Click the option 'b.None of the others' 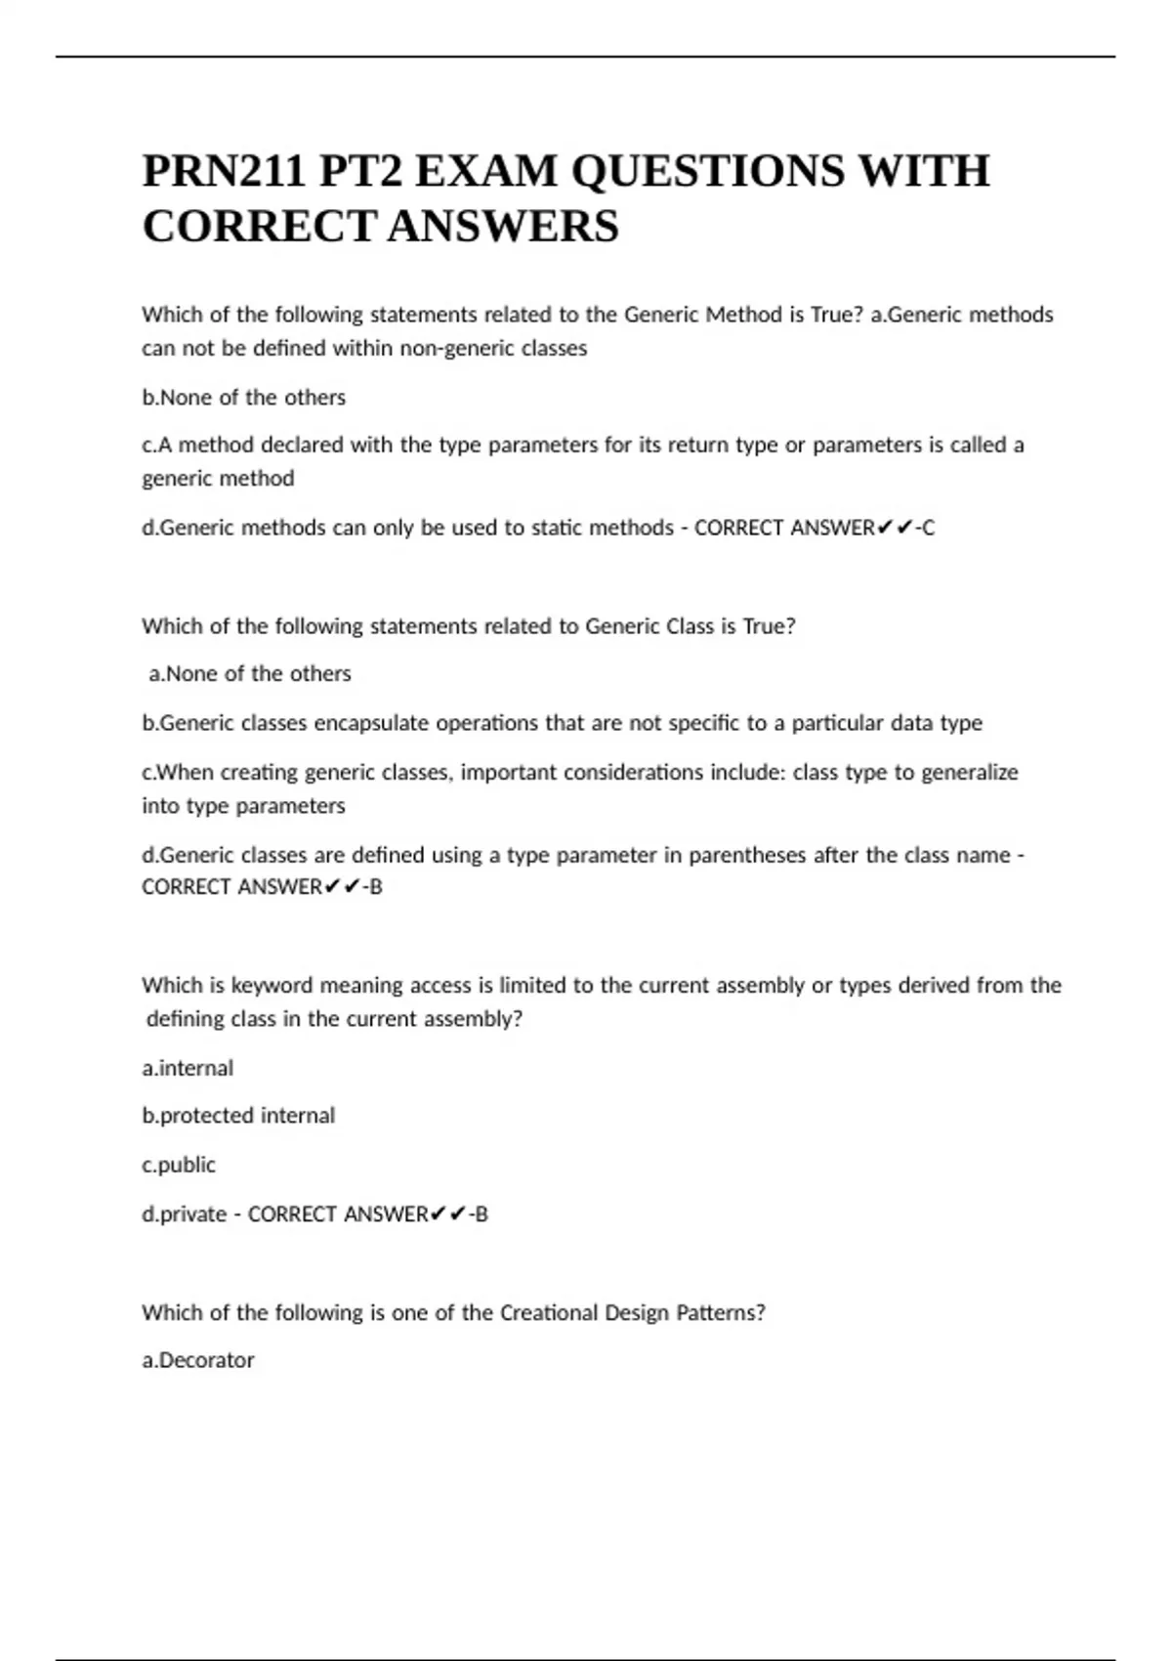click(244, 398)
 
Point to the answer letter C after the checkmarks click(928, 528)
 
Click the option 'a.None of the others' click(249, 674)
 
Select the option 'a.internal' click(188, 1068)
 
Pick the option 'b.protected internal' click(238, 1116)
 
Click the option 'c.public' click(179, 1165)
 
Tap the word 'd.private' click(184, 1214)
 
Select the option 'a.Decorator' click(198, 1360)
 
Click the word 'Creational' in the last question click(549, 1312)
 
